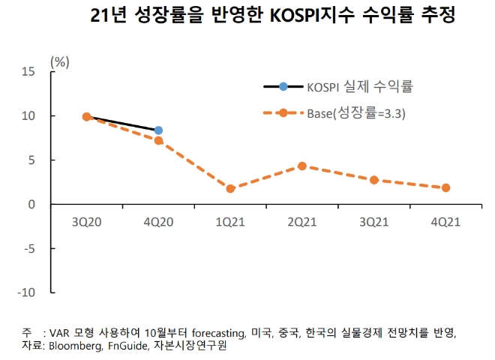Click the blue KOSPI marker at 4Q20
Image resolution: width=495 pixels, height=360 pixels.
158,130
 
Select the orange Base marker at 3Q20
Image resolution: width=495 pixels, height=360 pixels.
86,117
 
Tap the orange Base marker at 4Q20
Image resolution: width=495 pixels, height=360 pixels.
158,140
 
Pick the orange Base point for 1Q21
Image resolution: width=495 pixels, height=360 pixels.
230,188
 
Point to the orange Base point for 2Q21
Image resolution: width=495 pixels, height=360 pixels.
301,166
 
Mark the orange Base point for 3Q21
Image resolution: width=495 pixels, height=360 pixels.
373,180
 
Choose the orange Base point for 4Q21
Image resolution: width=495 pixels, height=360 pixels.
445,187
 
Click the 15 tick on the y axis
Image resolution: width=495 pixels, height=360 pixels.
29,72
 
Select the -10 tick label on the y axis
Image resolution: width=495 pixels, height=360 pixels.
26,292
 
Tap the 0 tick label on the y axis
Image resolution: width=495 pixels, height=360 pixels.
32,204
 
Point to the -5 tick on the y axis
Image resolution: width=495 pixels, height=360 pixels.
29,248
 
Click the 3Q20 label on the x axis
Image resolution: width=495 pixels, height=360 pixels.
86,223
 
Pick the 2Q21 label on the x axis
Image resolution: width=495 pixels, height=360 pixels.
301,223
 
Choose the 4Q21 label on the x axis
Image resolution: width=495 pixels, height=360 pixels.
445,223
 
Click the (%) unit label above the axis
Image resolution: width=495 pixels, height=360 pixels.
59,61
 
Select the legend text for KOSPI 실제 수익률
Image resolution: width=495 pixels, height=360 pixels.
360,87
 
